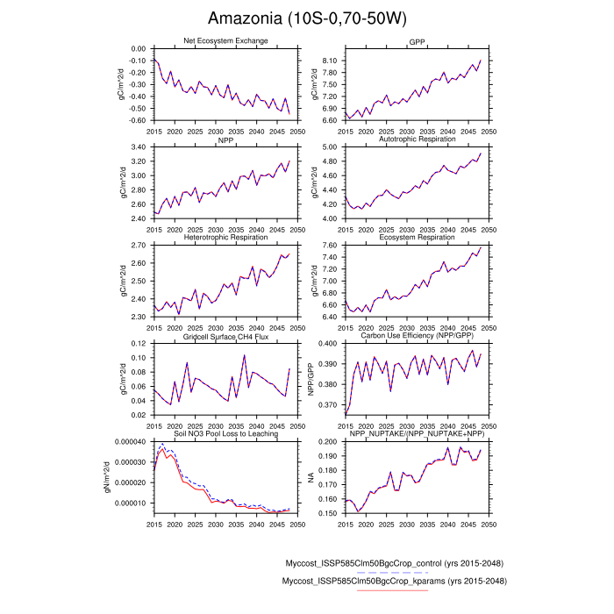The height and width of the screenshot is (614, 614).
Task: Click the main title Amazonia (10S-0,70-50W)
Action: coord(307,18)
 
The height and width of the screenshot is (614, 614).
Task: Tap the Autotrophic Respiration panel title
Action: coord(417,139)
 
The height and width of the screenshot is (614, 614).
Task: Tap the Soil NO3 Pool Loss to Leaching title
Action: coord(225,434)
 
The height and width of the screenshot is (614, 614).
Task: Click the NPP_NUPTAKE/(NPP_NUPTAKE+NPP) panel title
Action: coord(417,434)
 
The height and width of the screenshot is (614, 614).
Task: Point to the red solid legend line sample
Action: coord(393,590)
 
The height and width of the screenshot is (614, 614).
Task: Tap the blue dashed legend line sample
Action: coord(393,572)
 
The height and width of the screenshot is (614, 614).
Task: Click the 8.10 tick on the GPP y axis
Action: coord(330,61)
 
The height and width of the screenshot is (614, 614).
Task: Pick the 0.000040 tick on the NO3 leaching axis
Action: coord(131,442)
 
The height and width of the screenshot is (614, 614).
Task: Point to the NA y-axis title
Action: coord(310,477)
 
